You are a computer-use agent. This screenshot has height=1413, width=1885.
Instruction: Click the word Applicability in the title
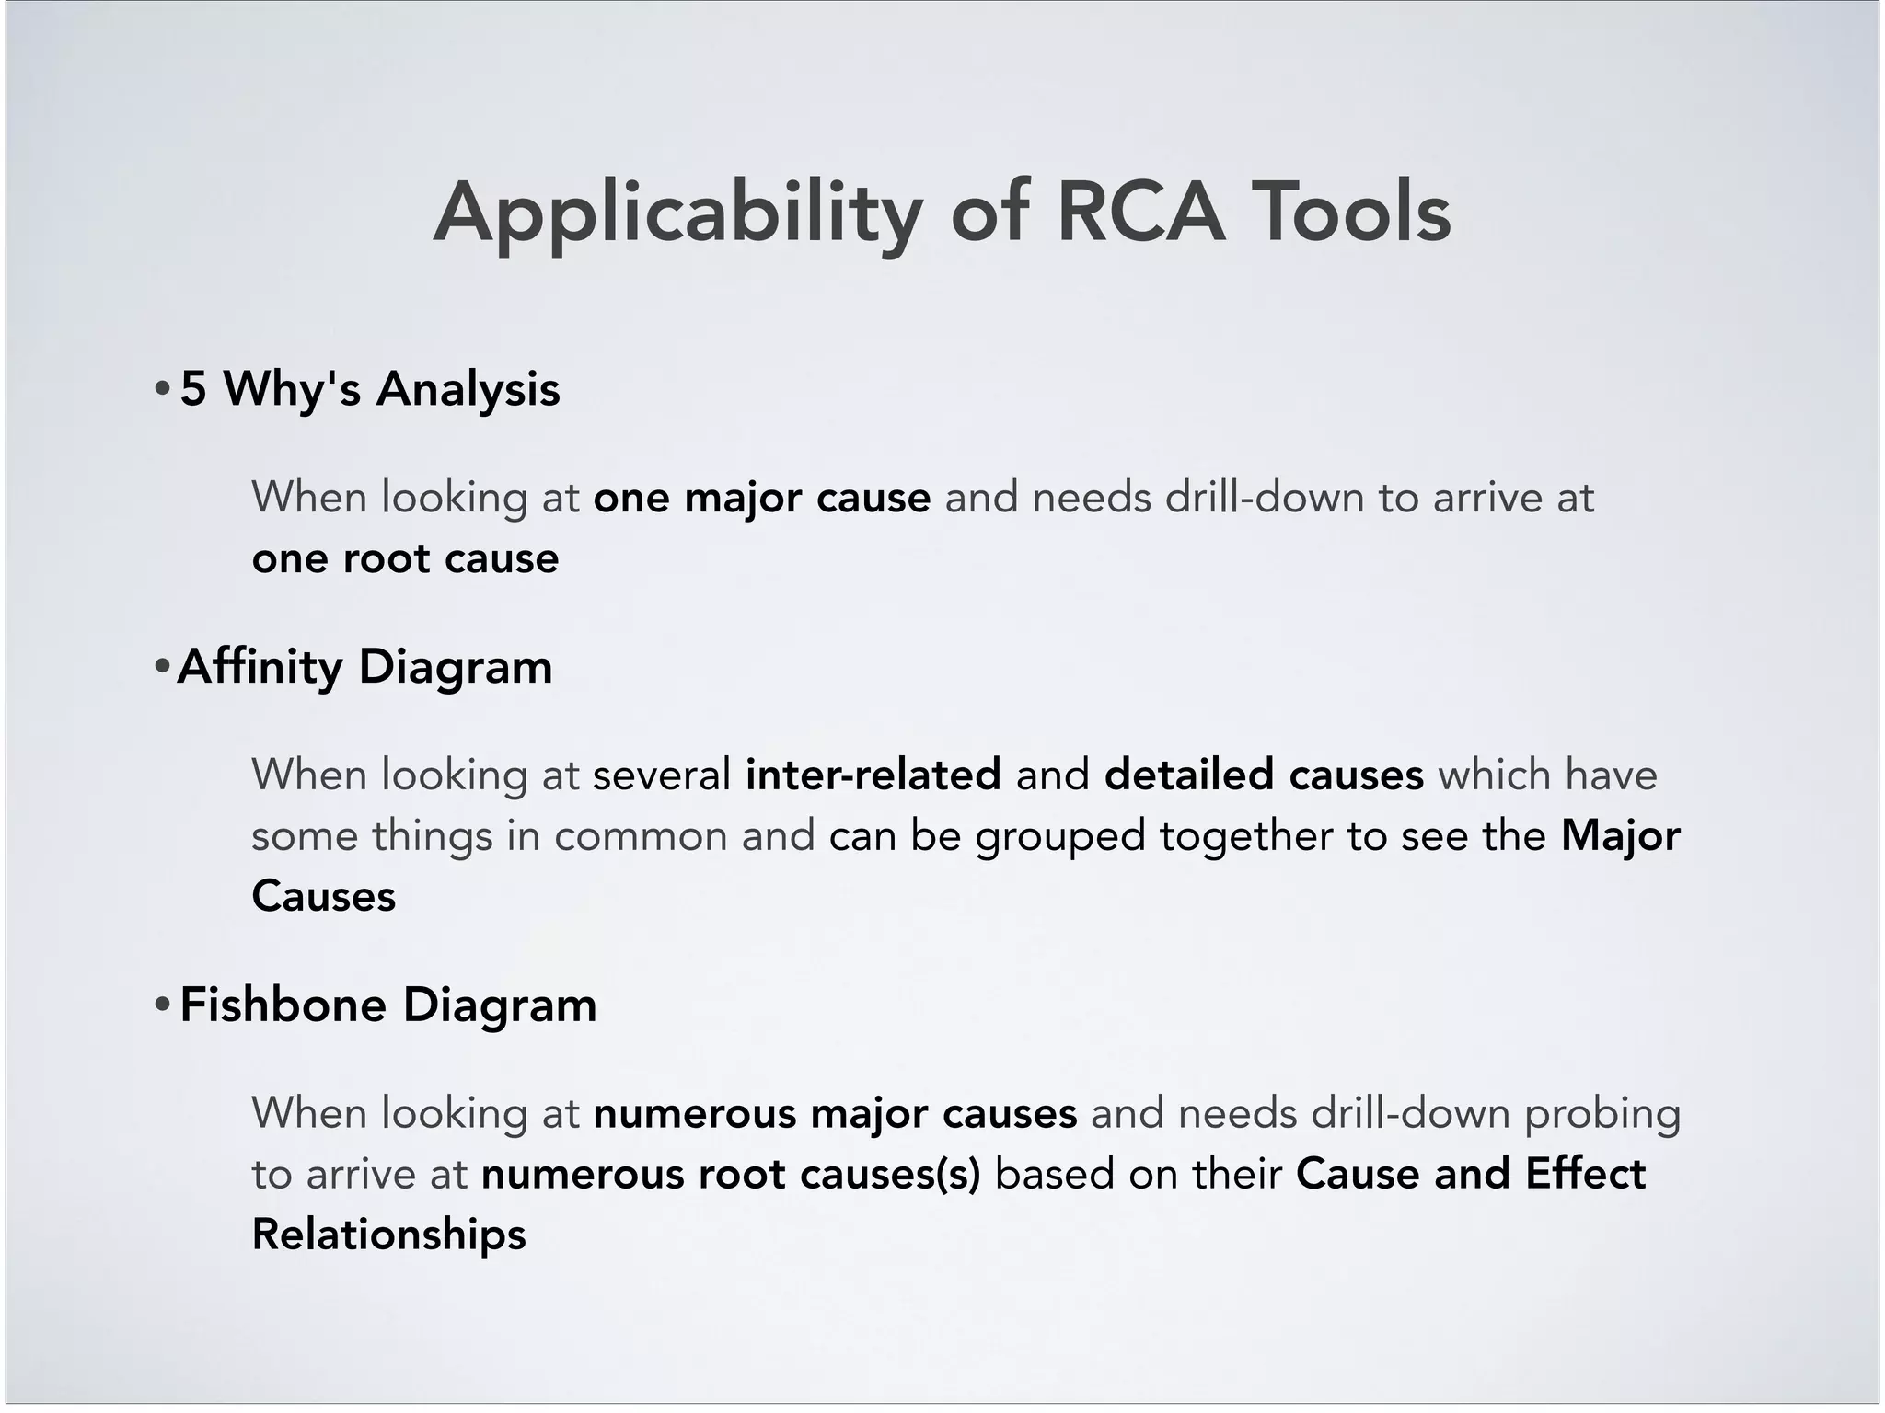677,213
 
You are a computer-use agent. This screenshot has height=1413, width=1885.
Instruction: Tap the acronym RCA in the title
1141,213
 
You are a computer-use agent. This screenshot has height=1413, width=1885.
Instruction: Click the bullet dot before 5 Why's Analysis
162,389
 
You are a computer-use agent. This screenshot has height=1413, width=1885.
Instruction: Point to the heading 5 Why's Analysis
370,389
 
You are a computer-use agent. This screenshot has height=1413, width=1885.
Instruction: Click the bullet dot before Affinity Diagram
162,666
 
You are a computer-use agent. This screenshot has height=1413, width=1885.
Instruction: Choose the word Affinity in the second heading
260,666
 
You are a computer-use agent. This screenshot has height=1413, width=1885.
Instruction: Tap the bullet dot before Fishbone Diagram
162,1005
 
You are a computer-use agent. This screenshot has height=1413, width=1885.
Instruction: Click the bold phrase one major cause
762,498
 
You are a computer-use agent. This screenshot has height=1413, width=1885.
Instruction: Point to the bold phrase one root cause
405,558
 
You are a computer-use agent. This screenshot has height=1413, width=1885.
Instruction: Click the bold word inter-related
873,775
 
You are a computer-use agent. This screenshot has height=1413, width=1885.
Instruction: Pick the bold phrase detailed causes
1264,775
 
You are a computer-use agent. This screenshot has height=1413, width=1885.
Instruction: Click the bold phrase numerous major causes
835,1113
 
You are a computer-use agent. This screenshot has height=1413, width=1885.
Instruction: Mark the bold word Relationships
389,1234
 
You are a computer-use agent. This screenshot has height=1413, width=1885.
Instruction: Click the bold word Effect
1585,1174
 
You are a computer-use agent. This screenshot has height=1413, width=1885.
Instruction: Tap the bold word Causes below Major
323,896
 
